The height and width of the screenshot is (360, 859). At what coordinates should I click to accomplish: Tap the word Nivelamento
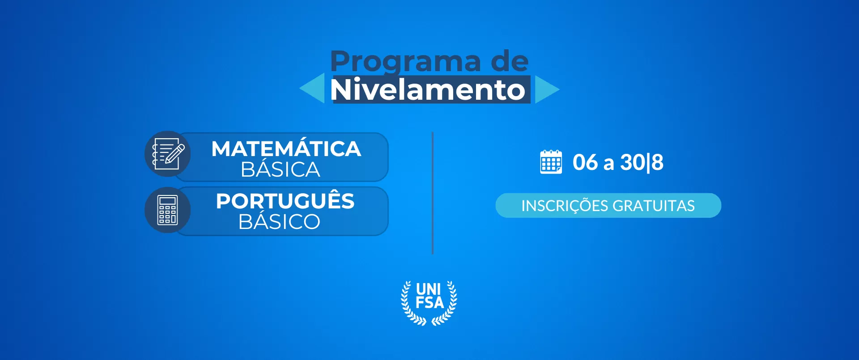coord(428,89)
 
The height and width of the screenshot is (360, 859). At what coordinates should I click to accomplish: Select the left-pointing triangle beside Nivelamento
coord(312,89)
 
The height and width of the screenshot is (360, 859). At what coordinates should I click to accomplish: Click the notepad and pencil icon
coord(168,154)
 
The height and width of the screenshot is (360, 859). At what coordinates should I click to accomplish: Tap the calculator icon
coord(168,210)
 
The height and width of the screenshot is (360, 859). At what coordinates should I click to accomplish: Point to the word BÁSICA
coord(281,169)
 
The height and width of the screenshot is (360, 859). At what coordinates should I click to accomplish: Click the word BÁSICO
coord(280,221)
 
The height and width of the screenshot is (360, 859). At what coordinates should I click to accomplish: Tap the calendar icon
coord(551,162)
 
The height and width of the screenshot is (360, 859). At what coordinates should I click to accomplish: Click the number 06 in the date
coord(585,162)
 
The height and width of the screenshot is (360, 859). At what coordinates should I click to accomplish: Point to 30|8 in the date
coord(642,162)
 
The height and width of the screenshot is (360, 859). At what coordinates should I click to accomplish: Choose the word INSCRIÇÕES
coord(565,205)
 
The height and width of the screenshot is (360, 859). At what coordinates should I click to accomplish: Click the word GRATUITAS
coord(654,206)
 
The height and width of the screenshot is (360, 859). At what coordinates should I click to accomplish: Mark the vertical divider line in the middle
coord(433,193)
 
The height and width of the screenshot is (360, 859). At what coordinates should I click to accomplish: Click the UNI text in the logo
coord(429,289)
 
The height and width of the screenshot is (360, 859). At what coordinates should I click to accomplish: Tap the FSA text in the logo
coord(429,303)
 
